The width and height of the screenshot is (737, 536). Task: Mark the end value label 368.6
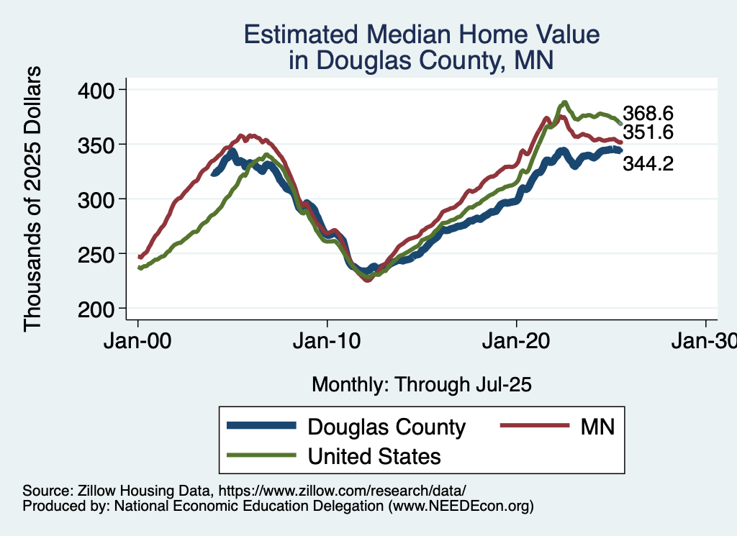[648, 114]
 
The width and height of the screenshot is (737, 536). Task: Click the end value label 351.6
[648, 132]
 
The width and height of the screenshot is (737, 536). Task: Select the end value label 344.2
[648, 164]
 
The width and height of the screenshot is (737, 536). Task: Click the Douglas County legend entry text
[386, 427]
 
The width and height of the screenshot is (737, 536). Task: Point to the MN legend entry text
[597, 427]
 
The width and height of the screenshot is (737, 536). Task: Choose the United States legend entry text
[374, 456]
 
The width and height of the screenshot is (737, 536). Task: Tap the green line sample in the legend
[261, 455]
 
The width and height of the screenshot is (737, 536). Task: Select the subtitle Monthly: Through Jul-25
[421, 385]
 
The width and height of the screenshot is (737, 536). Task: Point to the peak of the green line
[565, 102]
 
